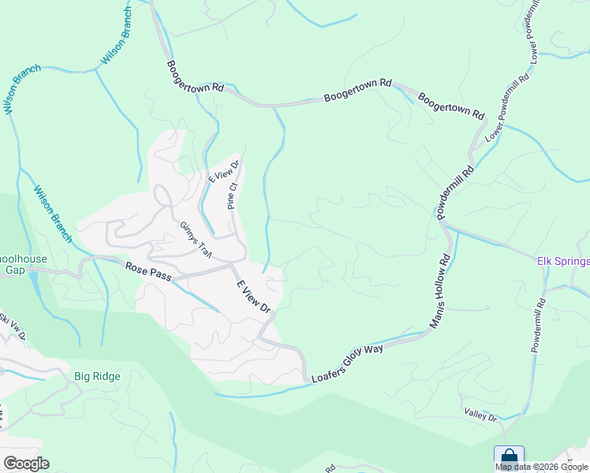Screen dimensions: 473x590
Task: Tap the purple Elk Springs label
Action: pos(563,262)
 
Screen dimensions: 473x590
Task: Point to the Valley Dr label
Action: pos(480,415)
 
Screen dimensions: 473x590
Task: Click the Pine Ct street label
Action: pos(232,196)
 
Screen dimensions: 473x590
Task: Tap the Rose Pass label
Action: pos(148,272)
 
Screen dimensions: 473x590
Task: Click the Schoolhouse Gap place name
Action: pos(24,263)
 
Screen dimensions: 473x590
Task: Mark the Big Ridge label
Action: pos(97,376)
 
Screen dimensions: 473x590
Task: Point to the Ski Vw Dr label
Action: pos(13,326)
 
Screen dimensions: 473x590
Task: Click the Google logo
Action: pos(26,464)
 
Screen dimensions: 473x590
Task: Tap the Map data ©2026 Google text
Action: pos(542,467)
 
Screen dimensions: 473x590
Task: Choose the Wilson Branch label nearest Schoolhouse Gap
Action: pos(53,214)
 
